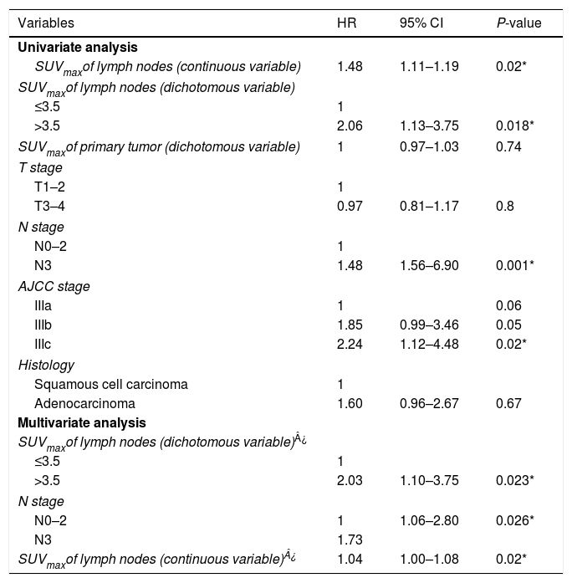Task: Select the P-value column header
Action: tap(518, 23)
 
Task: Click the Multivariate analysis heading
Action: tap(74, 422)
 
